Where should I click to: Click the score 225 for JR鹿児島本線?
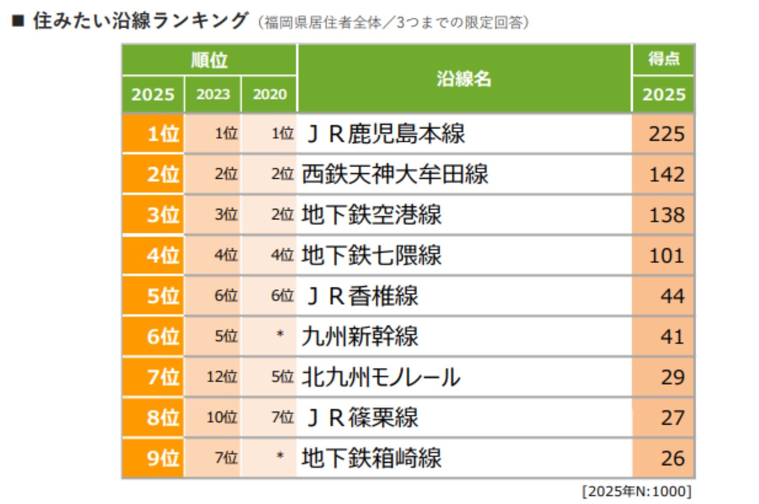coord(666,134)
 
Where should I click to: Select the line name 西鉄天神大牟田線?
coord(395,174)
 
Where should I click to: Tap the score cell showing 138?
coord(666,215)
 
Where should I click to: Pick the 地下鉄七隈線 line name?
coord(371,255)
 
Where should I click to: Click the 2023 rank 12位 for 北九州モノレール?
coord(222,377)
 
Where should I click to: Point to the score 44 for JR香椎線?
coord(672,296)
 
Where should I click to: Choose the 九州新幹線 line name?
coord(360,336)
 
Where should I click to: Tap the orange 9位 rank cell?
coord(163,458)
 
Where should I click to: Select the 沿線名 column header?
coord(464,79)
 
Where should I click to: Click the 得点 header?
coord(664,59)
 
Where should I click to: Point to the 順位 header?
coord(209,60)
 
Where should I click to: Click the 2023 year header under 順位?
coord(213,94)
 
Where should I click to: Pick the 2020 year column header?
coord(269,94)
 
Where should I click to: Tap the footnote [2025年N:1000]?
coord(637,491)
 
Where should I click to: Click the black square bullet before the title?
coord(18,21)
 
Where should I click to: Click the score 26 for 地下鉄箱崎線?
coord(672,458)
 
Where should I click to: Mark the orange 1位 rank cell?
coord(163,134)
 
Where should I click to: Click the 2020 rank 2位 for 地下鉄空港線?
coord(282,215)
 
